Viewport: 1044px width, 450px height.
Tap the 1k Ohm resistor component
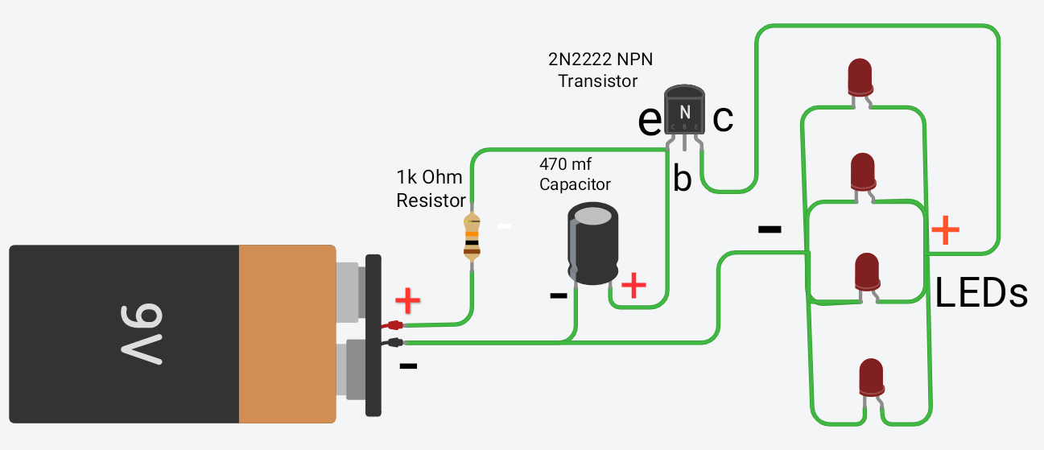[472, 236]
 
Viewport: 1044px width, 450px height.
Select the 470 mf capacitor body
[593, 244]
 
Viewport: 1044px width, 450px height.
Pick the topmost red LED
[860, 76]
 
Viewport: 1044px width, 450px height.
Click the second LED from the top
[864, 171]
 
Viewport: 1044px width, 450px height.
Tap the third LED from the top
[866, 271]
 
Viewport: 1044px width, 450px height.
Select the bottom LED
[871, 377]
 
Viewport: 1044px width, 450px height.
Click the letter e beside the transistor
[649, 120]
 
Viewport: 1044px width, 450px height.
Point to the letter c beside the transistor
[723, 118]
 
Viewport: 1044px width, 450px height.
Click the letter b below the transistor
[682, 180]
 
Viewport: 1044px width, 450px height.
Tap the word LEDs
[981, 294]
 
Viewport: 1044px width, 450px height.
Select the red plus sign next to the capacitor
[634, 285]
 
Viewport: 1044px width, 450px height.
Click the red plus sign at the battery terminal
[408, 301]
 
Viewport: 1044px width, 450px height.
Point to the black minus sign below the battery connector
[408, 367]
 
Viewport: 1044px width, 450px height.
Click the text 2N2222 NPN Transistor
[598, 70]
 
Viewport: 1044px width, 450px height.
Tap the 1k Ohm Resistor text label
[431, 188]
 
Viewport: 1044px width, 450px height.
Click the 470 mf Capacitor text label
[575, 173]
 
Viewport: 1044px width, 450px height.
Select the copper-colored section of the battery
[287, 333]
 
